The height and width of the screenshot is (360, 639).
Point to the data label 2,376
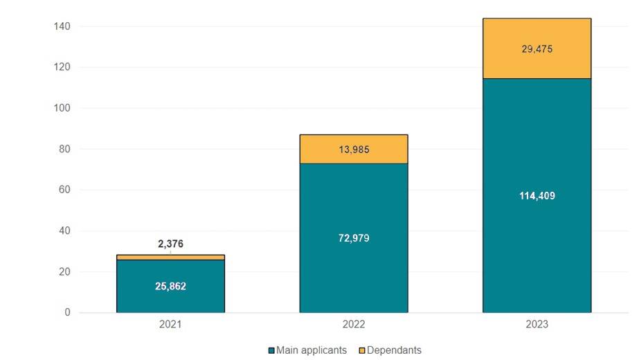(170, 244)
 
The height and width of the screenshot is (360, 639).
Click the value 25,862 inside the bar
(170, 286)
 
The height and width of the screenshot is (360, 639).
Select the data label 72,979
(354, 238)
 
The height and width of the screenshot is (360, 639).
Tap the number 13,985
(354, 150)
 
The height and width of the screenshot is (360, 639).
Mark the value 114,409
(537, 196)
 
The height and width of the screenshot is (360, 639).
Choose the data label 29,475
(537, 49)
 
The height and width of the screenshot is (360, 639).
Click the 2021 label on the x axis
(170, 325)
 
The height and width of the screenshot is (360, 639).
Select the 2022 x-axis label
(354, 325)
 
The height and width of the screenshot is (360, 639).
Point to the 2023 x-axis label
(537, 325)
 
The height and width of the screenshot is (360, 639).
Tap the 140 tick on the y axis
(62, 26)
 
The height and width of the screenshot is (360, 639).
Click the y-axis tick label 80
(64, 149)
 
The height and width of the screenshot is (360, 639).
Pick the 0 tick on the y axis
(67, 312)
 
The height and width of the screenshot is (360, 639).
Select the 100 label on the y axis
(62, 108)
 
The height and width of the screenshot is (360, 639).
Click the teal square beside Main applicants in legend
(271, 350)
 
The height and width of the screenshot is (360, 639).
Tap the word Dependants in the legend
(394, 350)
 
